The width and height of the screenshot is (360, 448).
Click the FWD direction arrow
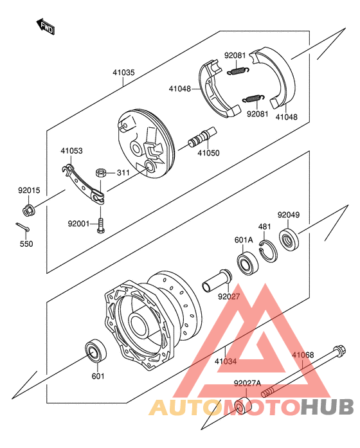[x=46, y=26]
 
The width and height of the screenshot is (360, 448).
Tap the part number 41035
[x=123, y=73]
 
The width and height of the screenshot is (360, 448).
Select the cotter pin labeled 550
[x=22, y=227]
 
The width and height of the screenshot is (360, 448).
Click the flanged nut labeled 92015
[x=28, y=210]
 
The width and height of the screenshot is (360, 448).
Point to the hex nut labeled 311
[x=101, y=173]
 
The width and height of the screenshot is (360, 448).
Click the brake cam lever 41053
[x=83, y=184]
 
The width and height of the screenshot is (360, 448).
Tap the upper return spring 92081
[x=238, y=71]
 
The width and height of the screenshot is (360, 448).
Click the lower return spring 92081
[x=253, y=98]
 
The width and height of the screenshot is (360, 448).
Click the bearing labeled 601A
[x=248, y=264]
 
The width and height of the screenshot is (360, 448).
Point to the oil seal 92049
[x=289, y=240]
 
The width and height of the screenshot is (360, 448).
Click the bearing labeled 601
[x=96, y=351]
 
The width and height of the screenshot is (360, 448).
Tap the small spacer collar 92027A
[x=242, y=405]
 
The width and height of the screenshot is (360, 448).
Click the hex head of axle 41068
[x=339, y=351]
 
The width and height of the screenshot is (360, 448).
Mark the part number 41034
[x=226, y=362]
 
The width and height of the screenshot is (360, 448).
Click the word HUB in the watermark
[x=327, y=407]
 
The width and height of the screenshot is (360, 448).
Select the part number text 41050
[x=208, y=153]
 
